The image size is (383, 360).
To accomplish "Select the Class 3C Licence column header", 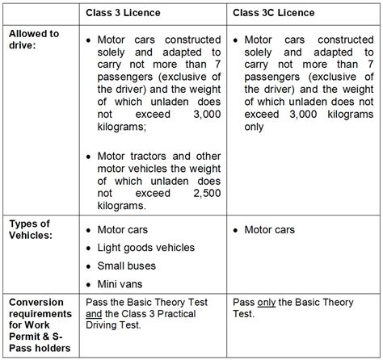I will [x=273, y=14].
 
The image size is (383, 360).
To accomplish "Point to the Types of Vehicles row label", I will [x=32, y=229].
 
